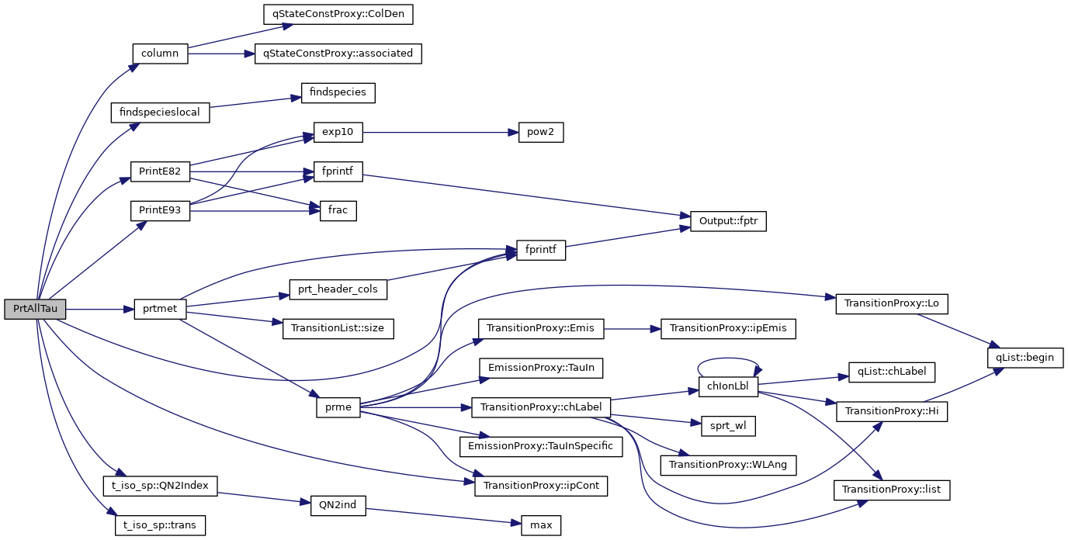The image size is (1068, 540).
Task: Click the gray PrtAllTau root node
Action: tap(35, 309)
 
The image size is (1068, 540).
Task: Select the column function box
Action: tap(160, 54)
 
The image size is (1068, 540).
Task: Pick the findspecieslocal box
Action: tap(160, 112)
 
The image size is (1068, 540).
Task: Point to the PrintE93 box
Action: tap(160, 210)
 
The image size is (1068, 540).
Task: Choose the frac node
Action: tap(338, 210)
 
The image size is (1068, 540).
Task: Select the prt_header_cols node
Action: tap(338, 289)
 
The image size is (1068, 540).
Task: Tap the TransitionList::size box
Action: tap(338, 328)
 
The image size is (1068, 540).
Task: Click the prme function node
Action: tap(338, 407)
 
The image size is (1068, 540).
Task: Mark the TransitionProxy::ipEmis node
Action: tap(728, 328)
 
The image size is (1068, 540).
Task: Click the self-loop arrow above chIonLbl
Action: tap(727, 359)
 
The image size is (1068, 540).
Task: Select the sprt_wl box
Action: tap(727, 425)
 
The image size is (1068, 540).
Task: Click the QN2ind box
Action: tap(338, 505)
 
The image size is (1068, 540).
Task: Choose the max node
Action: tap(540, 525)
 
